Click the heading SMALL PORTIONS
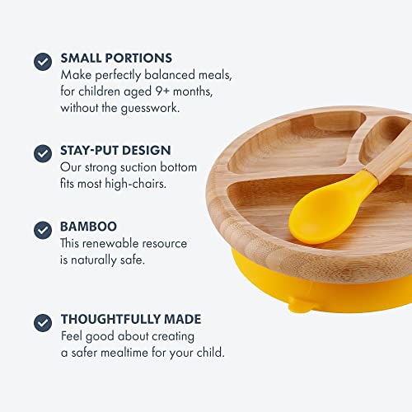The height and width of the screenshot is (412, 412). click(116, 59)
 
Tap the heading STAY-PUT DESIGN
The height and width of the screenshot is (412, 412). click(115, 151)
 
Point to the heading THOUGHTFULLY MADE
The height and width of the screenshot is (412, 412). click(130, 319)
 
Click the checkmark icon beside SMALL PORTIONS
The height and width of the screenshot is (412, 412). click(43, 61)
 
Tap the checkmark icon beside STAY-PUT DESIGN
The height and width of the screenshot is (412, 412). click(43, 152)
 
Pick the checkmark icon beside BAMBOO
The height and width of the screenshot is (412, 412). click(43, 228)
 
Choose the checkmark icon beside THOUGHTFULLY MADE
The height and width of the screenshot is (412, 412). click(43, 321)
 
